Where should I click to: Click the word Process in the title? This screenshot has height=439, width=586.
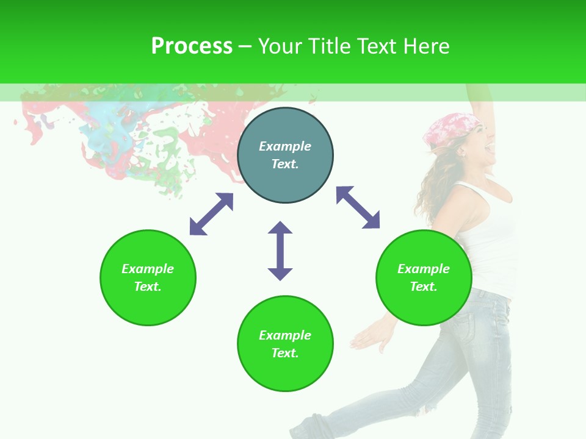pos(192,46)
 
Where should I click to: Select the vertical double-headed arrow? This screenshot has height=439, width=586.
pos(280,251)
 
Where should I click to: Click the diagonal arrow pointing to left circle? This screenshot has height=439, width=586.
pos(211,214)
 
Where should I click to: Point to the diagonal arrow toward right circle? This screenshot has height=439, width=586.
pos(358,207)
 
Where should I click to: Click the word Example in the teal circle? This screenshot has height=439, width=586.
pos(285,146)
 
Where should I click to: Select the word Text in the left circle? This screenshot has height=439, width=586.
pos(147,287)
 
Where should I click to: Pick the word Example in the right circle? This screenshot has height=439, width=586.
pos(424,269)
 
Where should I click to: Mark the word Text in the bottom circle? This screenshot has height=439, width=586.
pos(284,353)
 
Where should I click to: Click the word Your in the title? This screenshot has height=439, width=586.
pos(281,46)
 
